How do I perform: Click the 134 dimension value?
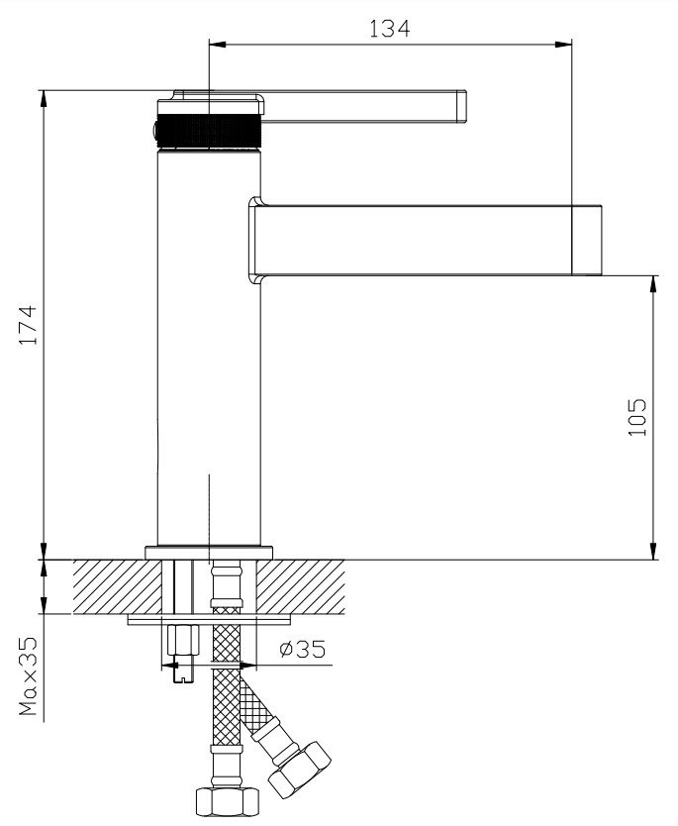pyautogui.click(x=389, y=28)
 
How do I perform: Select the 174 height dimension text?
pyautogui.click(x=28, y=325)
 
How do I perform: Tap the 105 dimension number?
pyautogui.click(x=637, y=417)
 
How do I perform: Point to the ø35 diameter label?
pyautogui.click(x=302, y=649)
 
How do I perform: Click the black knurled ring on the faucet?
pyautogui.click(x=210, y=131)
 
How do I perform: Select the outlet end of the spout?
pyautogui.click(x=587, y=240)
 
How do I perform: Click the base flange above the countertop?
pyautogui.click(x=209, y=553)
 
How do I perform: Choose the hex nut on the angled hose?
pyautogui.click(x=299, y=769)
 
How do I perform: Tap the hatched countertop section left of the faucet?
pyautogui.click(x=117, y=586)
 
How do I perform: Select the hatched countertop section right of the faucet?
pyautogui.click(x=301, y=586)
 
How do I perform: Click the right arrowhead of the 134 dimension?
pyautogui.click(x=564, y=45)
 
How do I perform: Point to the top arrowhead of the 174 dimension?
pyautogui.click(x=45, y=98)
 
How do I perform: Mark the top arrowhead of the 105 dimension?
pyautogui.click(x=654, y=283)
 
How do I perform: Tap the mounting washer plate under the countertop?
pyautogui.click(x=209, y=620)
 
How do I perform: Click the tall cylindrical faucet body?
pyautogui.click(x=210, y=348)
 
